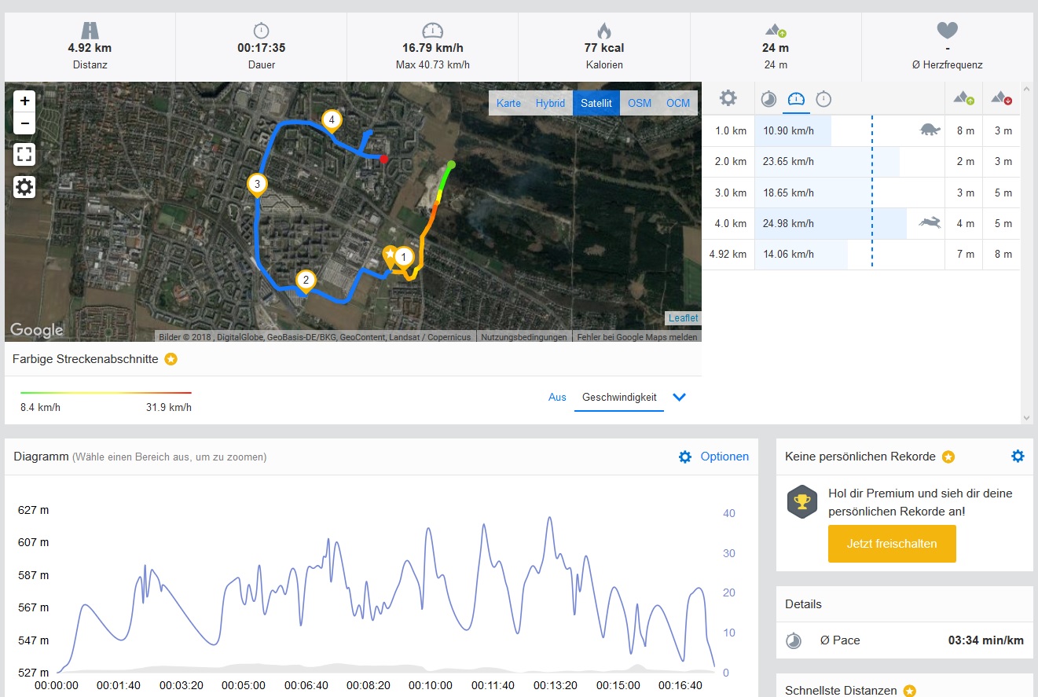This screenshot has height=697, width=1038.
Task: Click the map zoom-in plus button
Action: click(x=24, y=101)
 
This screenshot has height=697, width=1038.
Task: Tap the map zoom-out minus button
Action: click(x=24, y=123)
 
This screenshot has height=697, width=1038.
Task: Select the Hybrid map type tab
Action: click(x=550, y=103)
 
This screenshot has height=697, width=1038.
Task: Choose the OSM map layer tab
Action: click(x=639, y=103)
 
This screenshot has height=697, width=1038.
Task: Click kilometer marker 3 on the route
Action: click(x=256, y=185)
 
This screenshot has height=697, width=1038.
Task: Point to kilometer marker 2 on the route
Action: click(x=306, y=280)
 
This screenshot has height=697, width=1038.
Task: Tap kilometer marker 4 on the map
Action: click(x=332, y=120)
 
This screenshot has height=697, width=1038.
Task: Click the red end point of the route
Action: click(x=383, y=159)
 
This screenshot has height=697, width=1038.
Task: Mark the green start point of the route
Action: click(x=451, y=164)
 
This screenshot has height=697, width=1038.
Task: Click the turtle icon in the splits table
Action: click(x=930, y=130)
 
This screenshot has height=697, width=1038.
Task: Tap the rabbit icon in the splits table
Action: click(x=930, y=224)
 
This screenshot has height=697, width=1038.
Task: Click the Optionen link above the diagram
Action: click(x=724, y=457)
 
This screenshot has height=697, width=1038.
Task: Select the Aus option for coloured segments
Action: click(x=557, y=397)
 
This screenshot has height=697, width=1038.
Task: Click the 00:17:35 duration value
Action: click(x=261, y=48)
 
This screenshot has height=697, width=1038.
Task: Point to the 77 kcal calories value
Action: click(x=603, y=48)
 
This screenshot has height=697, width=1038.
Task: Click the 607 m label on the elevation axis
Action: click(x=33, y=542)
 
